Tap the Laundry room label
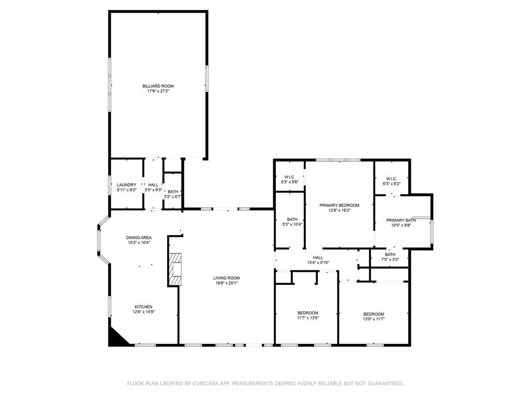pos(126,185)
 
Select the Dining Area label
pos(138,237)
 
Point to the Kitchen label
pos(143,307)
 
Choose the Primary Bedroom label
pos(339,205)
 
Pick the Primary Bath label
pos(401,220)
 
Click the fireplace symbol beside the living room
pos(175,269)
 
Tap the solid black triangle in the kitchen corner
pos(115,339)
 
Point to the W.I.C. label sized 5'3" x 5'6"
pos(289,177)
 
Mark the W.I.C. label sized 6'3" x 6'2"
pos(391,179)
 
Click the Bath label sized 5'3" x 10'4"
pos(292,219)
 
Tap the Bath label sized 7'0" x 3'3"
pos(390,254)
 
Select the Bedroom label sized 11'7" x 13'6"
pos(307,313)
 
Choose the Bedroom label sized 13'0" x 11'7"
pos(373,314)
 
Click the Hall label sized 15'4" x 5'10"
pos(318,257)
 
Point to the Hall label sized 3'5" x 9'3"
pos(153,185)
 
